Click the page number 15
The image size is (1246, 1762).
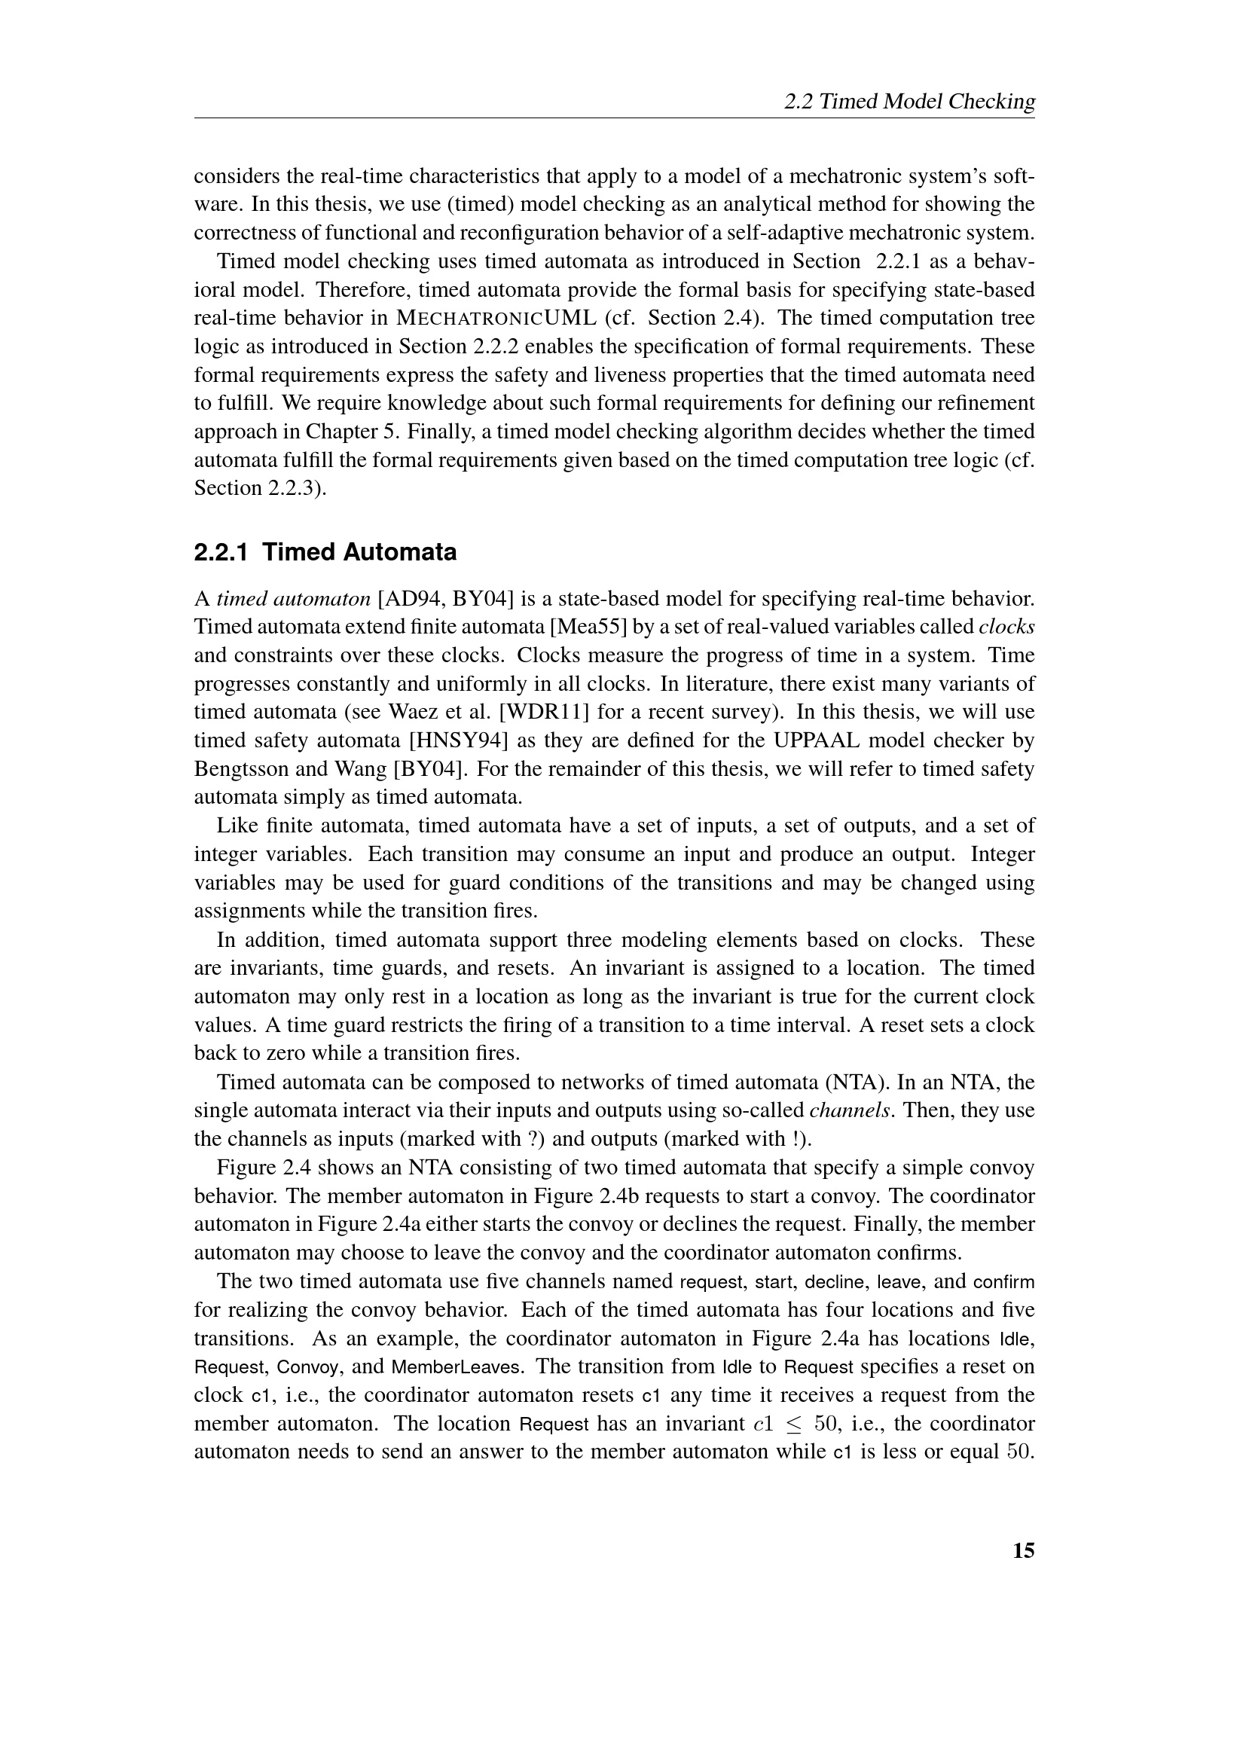click(x=1024, y=1551)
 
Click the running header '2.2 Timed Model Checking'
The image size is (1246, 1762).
click(x=909, y=101)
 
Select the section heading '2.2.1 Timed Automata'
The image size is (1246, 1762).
click(x=325, y=551)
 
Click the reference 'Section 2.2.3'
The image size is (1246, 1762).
click(x=257, y=488)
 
